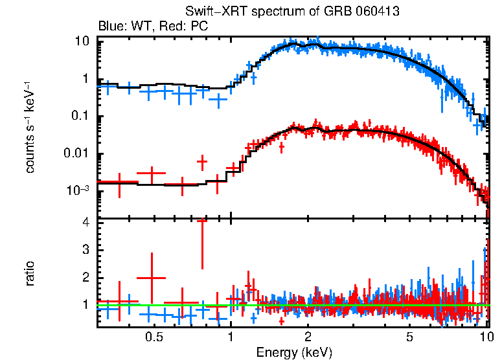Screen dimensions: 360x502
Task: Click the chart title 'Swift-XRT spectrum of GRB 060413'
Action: point(292,12)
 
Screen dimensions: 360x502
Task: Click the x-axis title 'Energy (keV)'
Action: point(294,352)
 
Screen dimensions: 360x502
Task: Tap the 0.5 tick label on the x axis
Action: point(154,337)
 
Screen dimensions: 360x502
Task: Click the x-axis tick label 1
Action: point(231,337)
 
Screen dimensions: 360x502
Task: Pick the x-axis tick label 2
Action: point(308,337)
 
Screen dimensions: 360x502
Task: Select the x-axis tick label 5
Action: point(410,337)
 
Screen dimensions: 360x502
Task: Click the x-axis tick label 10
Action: point(486,337)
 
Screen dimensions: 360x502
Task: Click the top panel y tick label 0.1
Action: point(78,117)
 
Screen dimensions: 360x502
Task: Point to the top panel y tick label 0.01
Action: point(76,154)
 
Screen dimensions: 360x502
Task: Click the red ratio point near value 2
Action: point(152,278)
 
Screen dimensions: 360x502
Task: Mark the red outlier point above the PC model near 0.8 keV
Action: point(202,160)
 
